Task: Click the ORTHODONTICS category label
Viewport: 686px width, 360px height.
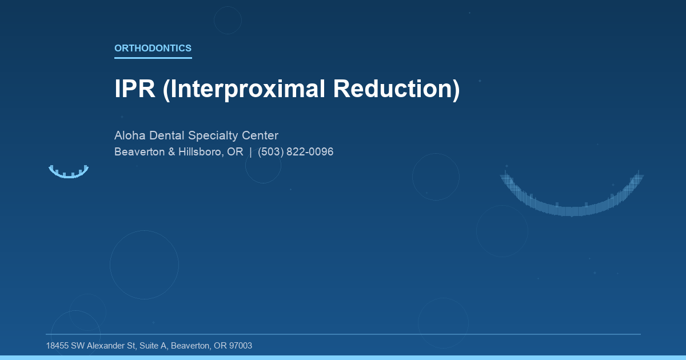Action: [153, 49]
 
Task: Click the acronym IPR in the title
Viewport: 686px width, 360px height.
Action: [135, 89]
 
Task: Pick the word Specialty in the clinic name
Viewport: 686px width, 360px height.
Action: [216, 136]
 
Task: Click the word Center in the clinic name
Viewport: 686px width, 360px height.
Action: [263, 136]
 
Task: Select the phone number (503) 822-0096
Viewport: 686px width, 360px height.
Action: [296, 152]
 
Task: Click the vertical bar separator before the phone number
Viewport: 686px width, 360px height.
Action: [250, 152]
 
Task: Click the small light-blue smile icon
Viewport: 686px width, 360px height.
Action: [69, 171]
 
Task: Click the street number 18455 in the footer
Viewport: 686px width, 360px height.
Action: [58, 346]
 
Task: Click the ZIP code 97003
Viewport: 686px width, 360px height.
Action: [240, 346]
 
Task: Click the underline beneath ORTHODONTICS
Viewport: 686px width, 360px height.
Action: [153, 58]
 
